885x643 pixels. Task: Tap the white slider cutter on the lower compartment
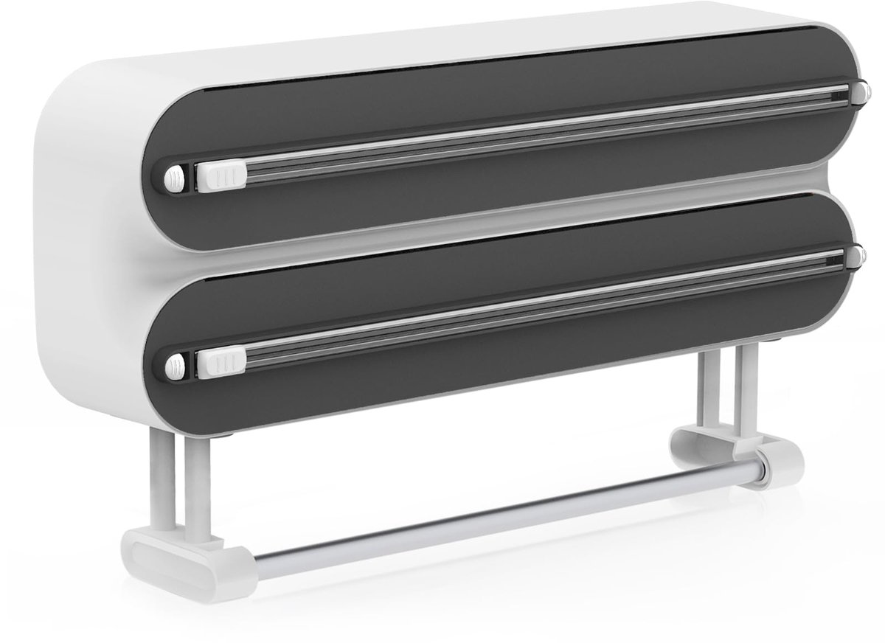(221, 361)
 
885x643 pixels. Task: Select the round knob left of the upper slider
(175, 178)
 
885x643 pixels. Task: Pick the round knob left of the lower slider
(175, 363)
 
